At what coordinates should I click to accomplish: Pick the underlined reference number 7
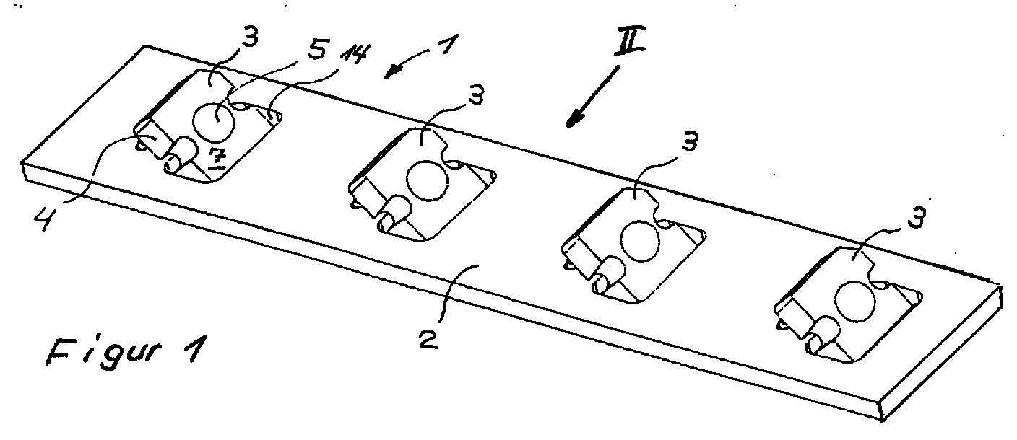(x=213, y=156)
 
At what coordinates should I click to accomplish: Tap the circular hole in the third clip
(x=638, y=240)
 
